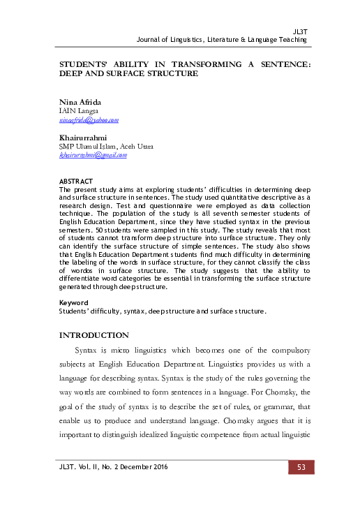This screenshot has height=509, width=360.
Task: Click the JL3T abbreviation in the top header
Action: [x=300, y=32]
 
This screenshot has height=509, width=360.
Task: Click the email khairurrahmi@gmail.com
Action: [x=93, y=155]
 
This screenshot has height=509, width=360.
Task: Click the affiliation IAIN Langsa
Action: [x=79, y=111]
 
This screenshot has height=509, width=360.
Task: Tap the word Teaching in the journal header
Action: [x=292, y=40]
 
